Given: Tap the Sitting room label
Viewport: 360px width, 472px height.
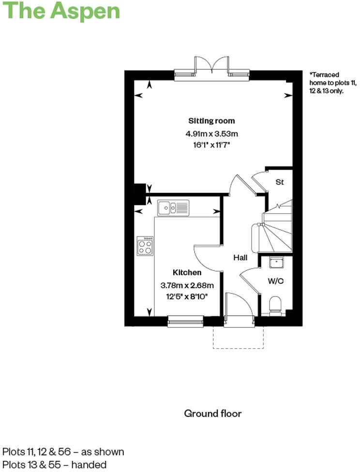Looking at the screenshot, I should pyautogui.click(x=211, y=121).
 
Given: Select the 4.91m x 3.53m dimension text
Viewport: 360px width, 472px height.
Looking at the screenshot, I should pyautogui.click(x=211, y=133).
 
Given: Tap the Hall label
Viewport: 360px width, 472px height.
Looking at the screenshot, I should pyautogui.click(x=240, y=258).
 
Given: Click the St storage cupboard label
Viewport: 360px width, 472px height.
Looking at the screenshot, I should pyautogui.click(x=279, y=182).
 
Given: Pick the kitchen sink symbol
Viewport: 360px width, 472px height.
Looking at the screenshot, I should pyautogui.click(x=173, y=208).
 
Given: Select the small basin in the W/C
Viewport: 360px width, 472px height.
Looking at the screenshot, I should pyautogui.click(x=276, y=262).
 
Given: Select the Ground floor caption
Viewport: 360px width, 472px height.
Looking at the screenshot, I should pyautogui.click(x=212, y=413).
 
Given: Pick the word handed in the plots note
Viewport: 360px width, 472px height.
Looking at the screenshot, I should pyautogui.click(x=90, y=465).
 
